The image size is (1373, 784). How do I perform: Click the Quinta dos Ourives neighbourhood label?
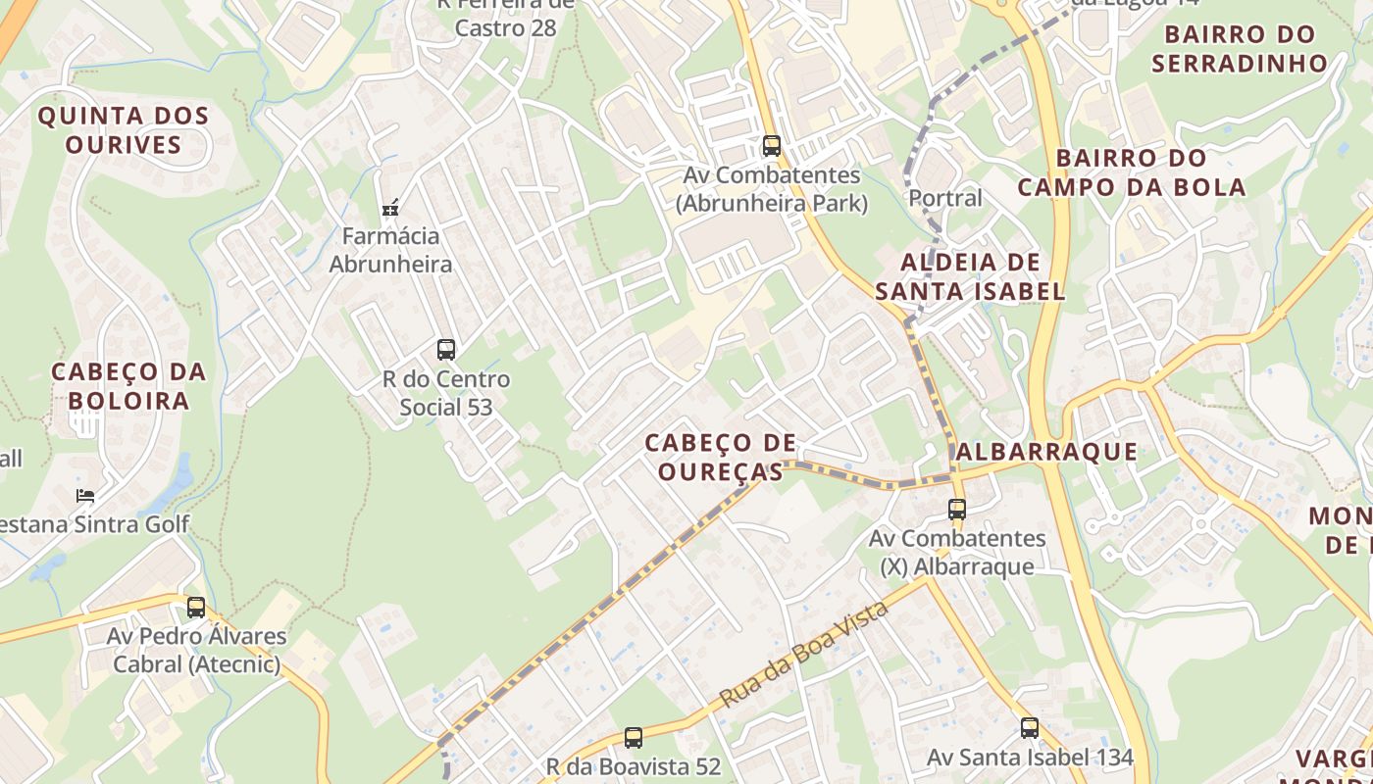[x=124, y=130]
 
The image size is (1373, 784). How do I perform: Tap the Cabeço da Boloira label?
[x=128, y=386]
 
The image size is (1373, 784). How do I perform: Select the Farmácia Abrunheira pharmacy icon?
[x=390, y=208]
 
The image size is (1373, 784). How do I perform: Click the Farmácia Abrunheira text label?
[x=390, y=250]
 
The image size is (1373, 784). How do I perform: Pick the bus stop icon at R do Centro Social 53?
[x=446, y=349]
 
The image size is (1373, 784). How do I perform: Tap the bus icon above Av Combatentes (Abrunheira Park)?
[x=772, y=146]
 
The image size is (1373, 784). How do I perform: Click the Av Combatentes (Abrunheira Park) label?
[x=772, y=189]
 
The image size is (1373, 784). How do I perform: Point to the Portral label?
[x=944, y=198]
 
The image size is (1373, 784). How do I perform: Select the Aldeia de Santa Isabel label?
[x=970, y=276]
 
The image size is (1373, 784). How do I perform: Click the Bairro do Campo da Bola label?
[x=1132, y=172]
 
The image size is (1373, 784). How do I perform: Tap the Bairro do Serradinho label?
[x=1240, y=49]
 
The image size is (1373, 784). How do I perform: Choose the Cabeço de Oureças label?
[x=721, y=458]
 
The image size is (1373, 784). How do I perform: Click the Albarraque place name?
[x=1045, y=452]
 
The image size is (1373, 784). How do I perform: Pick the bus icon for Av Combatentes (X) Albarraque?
[x=957, y=510]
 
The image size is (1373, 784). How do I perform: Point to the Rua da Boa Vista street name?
[x=803, y=656]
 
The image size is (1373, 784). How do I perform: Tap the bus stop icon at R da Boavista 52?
[x=634, y=737]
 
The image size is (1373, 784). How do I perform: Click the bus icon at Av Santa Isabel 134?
[x=1030, y=728]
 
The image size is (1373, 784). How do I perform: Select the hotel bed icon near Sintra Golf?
[x=86, y=495]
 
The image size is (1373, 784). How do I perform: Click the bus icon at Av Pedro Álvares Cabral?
[x=196, y=607]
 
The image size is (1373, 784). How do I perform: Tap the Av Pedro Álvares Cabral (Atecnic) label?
[x=196, y=650]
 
